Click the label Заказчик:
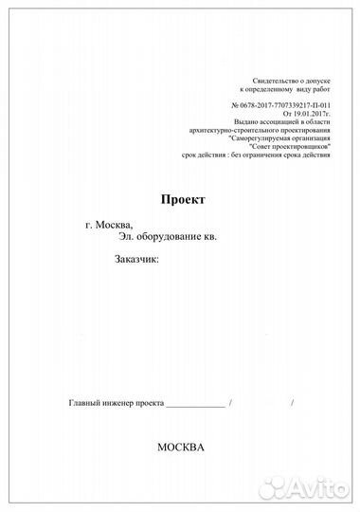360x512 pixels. tap(137, 258)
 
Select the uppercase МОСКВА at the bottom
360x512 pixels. tap(180, 446)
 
